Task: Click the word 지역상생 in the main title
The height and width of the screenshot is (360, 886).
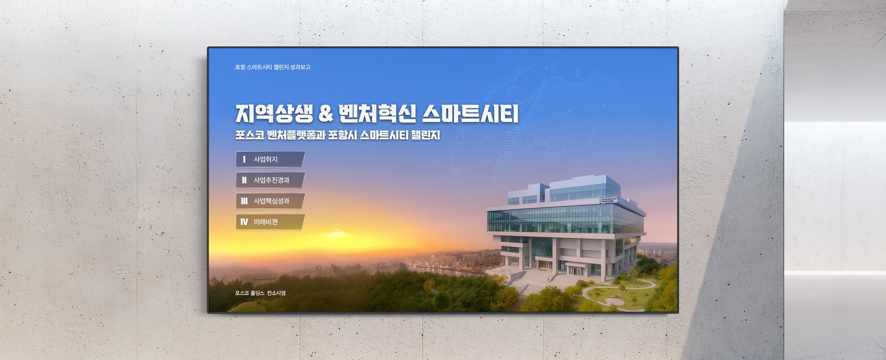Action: [x=274, y=113]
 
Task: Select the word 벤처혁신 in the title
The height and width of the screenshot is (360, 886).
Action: [x=377, y=113]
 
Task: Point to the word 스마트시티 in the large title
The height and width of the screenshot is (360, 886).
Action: [x=470, y=113]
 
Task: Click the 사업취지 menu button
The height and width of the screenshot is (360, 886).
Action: [x=270, y=159]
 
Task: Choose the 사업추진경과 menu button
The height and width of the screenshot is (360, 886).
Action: [x=270, y=180]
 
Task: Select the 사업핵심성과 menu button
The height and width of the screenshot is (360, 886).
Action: [x=270, y=201]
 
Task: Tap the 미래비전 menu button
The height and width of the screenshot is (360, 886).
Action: [x=270, y=222]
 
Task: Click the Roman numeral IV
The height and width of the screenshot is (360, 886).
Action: [x=244, y=222]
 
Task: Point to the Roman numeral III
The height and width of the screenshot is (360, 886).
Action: [x=244, y=201]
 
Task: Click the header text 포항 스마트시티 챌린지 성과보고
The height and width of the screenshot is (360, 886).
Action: [x=273, y=67]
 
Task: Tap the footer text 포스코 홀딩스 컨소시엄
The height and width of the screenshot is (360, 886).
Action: [x=260, y=293]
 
